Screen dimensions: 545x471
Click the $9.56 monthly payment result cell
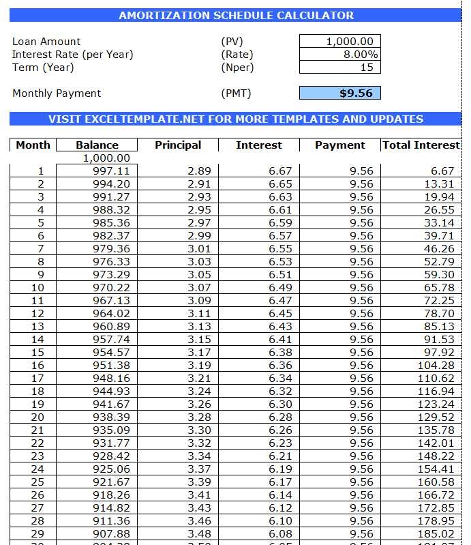pos(339,93)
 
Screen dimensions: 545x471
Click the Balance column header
pos(97,145)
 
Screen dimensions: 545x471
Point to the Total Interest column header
pos(421,145)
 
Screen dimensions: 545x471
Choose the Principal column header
pos(178,145)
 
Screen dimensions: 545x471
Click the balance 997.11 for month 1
pos(111,171)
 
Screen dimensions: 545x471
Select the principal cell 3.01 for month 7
pos(199,249)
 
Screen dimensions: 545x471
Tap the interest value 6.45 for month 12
pos(280,314)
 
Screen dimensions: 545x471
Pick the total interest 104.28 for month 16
pos(436,366)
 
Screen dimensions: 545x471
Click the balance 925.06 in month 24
pos(111,469)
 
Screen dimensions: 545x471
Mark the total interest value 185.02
pos(436,534)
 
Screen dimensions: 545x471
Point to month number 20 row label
pos(37,417)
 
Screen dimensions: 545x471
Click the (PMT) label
pos(236,93)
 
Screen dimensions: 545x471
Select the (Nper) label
pos(237,68)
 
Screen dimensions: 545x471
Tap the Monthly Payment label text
pos(57,93)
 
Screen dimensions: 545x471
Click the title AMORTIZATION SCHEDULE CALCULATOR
pos(236,16)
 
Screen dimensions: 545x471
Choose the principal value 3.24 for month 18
pos(199,392)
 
